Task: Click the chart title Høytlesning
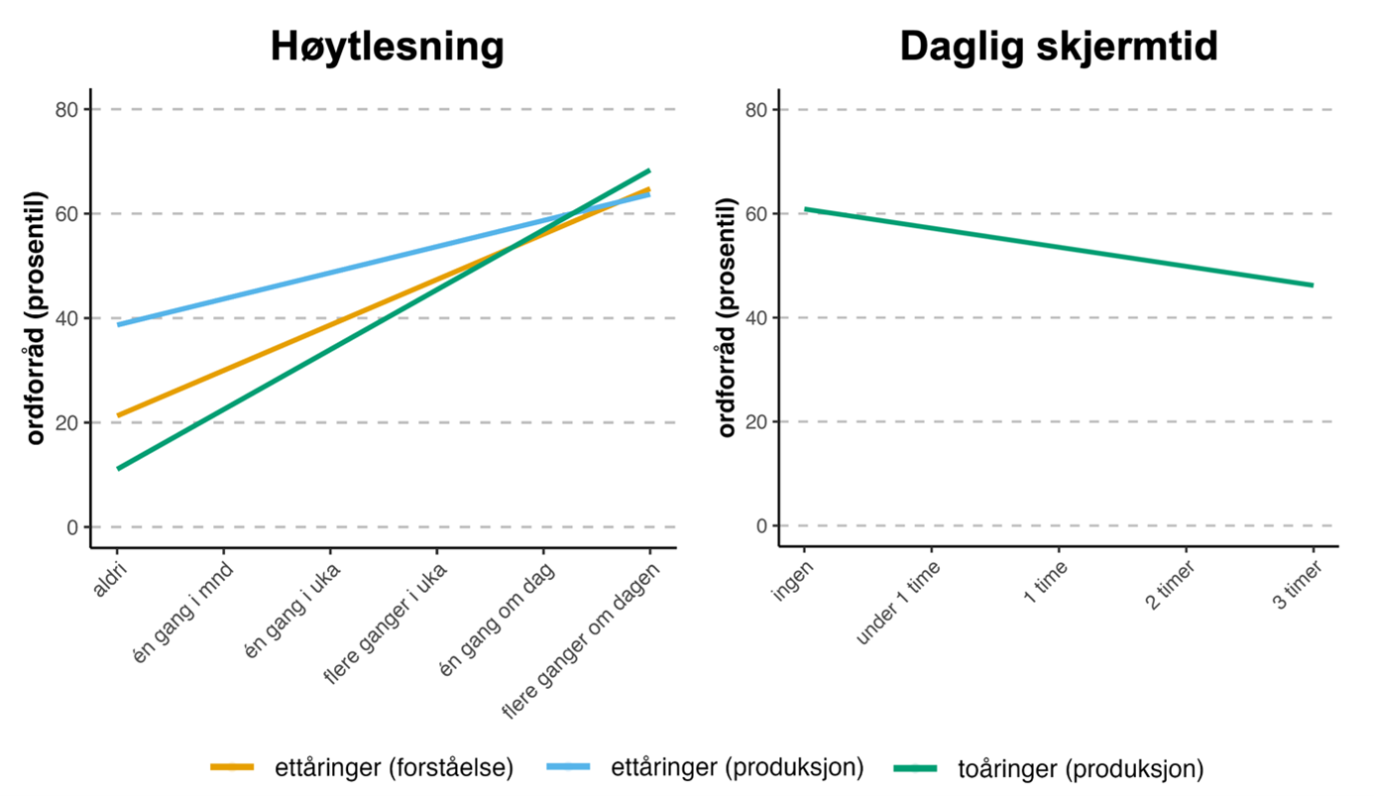pos(387,48)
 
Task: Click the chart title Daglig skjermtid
pos(1058,48)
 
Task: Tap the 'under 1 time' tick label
pos(897,604)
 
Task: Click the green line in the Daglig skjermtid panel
pos(1059,247)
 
